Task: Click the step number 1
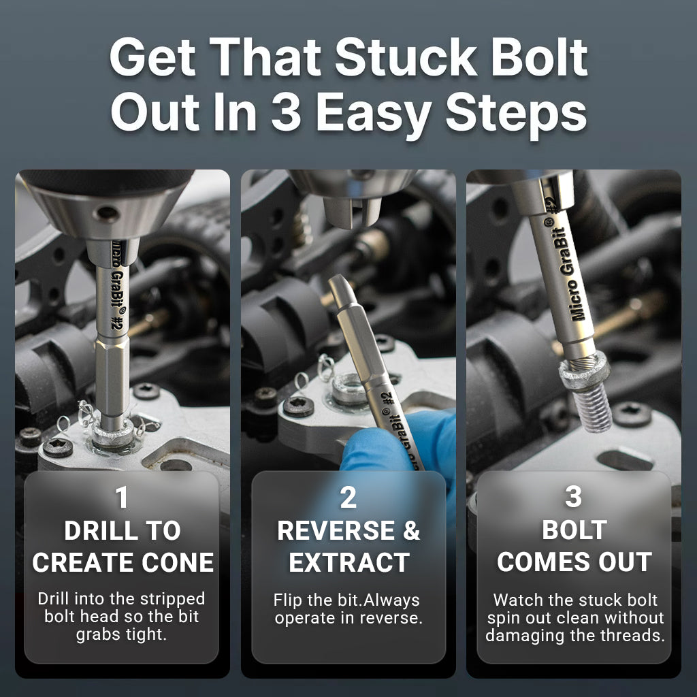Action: click(122, 498)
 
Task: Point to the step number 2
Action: click(348, 498)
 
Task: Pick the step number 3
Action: click(573, 498)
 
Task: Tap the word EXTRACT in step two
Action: click(348, 563)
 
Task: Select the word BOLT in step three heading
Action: click(574, 531)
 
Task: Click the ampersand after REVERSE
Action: click(411, 532)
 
